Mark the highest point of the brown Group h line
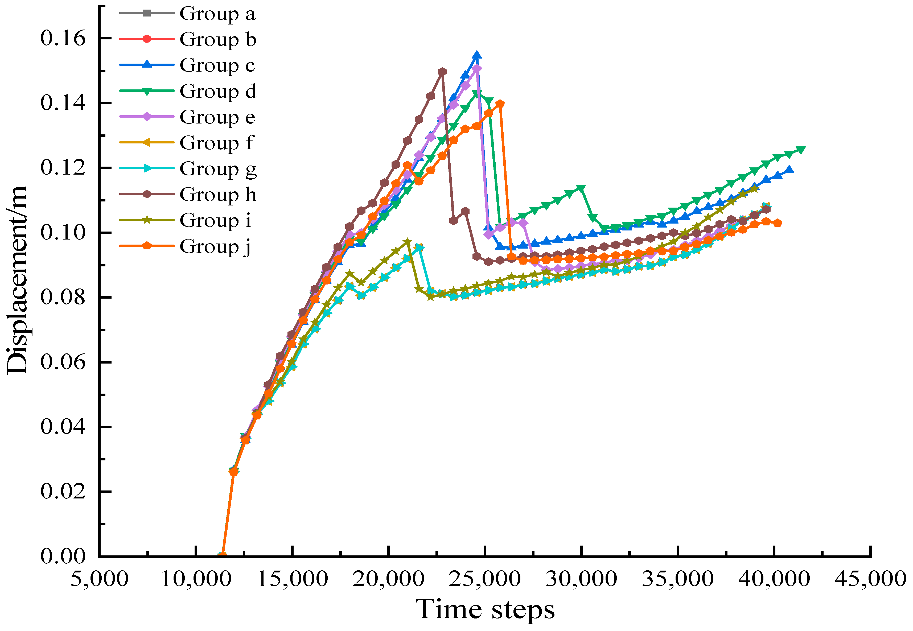[442, 72]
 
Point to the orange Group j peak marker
[500, 104]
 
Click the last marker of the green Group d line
[801, 150]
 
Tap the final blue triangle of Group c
[789, 170]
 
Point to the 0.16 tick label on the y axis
[63, 38]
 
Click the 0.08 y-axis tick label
[63, 297]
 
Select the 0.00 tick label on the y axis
[63, 556]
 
